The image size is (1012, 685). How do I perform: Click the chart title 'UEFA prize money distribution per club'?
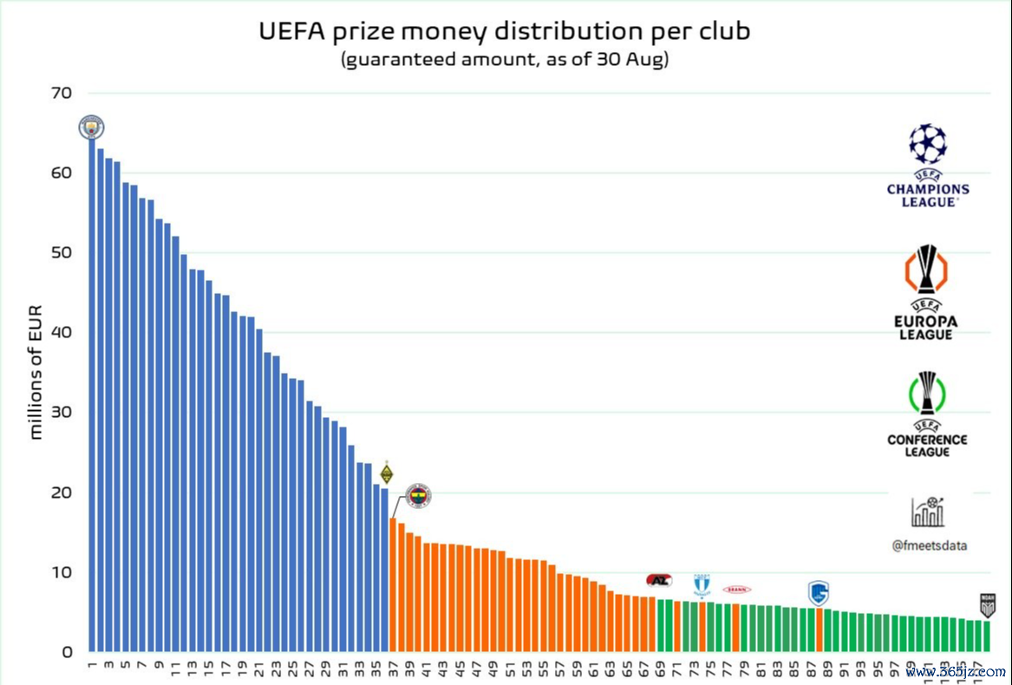tap(505, 31)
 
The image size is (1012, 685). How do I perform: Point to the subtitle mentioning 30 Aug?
tap(505, 61)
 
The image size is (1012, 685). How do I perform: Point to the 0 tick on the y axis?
tap(68, 652)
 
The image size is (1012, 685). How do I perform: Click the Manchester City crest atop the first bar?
tap(91, 127)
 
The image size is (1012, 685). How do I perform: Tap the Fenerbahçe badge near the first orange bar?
tap(418, 496)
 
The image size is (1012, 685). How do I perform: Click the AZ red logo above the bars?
tap(659, 580)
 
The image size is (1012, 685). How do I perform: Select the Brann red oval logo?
tap(737, 590)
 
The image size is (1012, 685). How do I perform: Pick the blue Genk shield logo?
tap(819, 593)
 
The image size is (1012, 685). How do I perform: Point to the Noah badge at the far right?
tap(987, 604)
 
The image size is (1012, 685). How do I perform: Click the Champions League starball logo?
tap(928, 144)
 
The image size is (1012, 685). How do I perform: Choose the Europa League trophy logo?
tap(927, 269)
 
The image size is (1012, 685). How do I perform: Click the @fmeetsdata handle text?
tap(929, 546)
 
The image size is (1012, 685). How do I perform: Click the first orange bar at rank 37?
tap(393, 584)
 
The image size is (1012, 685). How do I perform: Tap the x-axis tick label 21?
tap(259, 669)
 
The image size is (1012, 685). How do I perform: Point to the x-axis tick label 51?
tap(510, 669)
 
